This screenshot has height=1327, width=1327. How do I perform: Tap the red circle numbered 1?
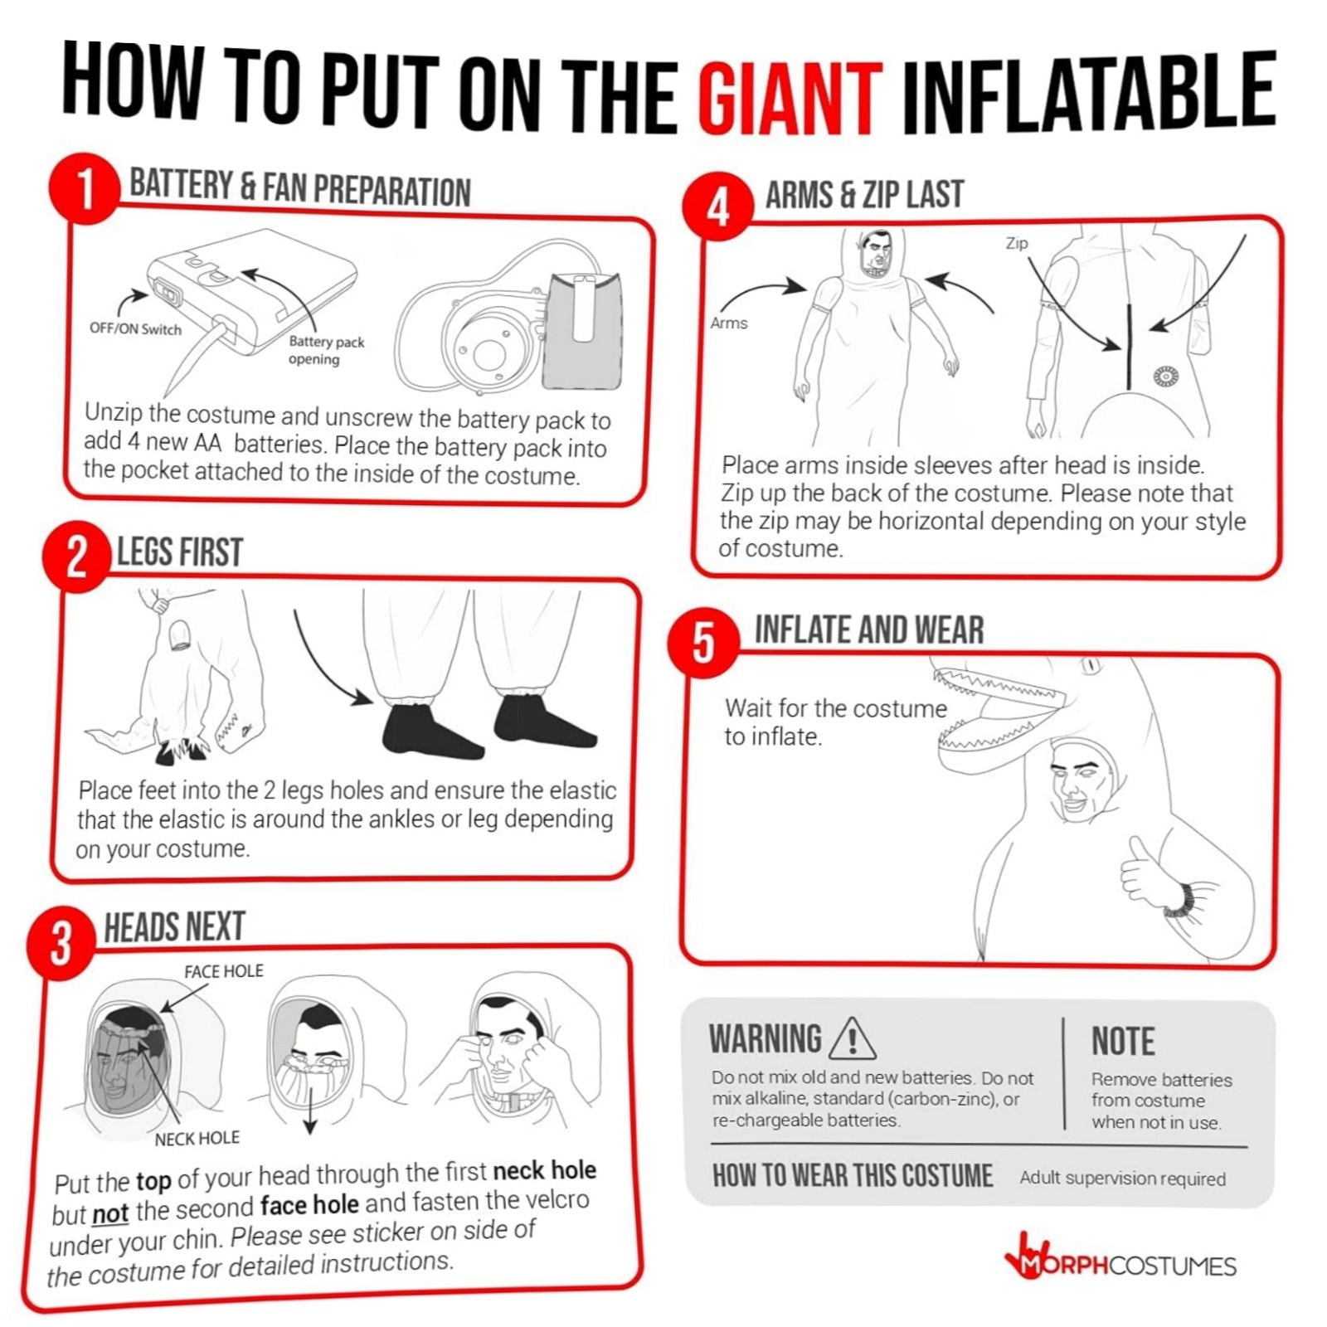pyautogui.click(x=84, y=189)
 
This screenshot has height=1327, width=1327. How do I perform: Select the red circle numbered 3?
pyautogui.click(x=61, y=943)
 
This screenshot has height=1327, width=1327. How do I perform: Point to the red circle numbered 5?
pyautogui.click(x=703, y=643)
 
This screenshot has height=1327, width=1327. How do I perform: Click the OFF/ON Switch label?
pyautogui.click(x=135, y=328)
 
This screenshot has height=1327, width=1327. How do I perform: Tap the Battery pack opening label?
pyautogui.click(x=326, y=350)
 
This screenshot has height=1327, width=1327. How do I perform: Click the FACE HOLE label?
pyautogui.click(x=223, y=970)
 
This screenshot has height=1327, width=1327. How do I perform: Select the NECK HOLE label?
pyautogui.click(x=197, y=1139)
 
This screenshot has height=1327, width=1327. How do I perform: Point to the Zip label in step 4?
pyautogui.click(x=1016, y=243)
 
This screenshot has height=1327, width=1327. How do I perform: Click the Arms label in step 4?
pyautogui.click(x=728, y=323)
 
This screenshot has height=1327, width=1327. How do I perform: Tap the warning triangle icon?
pyautogui.click(x=852, y=1038)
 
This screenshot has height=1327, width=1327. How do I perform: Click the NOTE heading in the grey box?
pyautogui.click(x=1123, y=1041)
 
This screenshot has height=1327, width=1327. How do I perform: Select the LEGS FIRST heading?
pyautogui.click(x=179, y=552)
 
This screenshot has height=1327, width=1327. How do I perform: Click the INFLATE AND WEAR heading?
pyautogui.click(x=868, y=629)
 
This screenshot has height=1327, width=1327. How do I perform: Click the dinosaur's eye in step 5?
pyautogui.click(x=1090, y=665)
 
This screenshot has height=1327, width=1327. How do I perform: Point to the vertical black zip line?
pyautogui.click(x=1129, y=347)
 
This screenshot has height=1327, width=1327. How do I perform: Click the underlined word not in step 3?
pyautogui.click(x=110, y=1213)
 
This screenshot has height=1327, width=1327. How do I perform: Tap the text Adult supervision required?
pyautogui.click(x=1122, y=1179)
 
